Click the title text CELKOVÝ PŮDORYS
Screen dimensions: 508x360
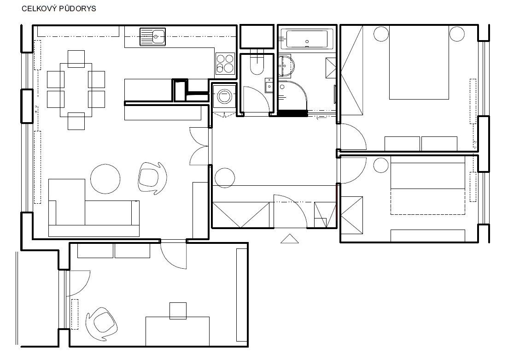58,9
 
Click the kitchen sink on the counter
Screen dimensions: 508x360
153,37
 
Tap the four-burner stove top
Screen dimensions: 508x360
225,64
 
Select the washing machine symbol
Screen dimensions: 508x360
224,96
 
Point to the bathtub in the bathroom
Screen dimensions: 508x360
307,39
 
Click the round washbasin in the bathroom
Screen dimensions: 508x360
286,65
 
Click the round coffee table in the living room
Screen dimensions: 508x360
105,179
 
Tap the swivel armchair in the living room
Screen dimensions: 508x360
152,178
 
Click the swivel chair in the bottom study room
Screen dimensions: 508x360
101,324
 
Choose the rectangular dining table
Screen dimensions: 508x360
76,90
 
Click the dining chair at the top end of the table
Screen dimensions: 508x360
76,59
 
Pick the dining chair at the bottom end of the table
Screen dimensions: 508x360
76,121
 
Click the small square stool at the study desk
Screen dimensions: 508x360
178,311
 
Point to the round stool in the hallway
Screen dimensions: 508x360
224,178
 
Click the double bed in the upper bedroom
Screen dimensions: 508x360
419,62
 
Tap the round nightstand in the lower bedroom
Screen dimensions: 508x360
381,165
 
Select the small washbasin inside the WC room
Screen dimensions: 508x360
269,85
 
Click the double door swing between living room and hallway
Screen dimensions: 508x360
199,146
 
